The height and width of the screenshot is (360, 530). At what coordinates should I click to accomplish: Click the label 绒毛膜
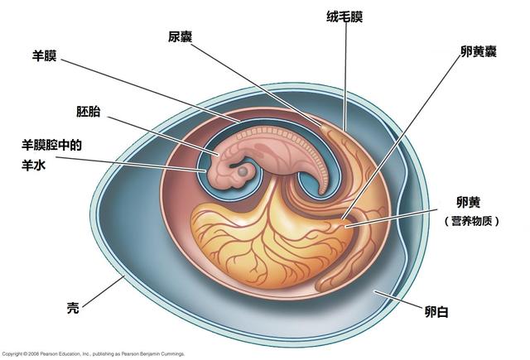click(x=344, y=17)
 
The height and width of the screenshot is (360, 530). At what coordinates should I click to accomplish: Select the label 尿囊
click(x=181, y=36)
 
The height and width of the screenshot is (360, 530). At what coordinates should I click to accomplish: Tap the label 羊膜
click(x=44, y=55)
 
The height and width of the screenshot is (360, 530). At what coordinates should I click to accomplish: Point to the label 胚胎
click(x=89, y=112)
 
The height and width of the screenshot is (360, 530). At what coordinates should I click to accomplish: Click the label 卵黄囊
click(x=479, y=51)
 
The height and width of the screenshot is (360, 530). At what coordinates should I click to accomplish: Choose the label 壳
click(x=73, y=308)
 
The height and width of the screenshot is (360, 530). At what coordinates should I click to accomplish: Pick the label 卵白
click(x=436, y=311)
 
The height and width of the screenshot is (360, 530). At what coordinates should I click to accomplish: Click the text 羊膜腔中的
click(x=51, y=145)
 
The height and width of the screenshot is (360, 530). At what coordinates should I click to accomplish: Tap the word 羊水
click(x=33, y=166)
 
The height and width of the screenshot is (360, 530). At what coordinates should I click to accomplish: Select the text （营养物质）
click(x=472, y=222)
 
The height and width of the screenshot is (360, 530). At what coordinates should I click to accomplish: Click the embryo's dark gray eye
click(x=243, y=171)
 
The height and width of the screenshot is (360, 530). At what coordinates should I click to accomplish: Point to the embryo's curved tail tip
click(x=322, y=193)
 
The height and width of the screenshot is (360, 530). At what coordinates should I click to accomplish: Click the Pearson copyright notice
click(x=93, y=354)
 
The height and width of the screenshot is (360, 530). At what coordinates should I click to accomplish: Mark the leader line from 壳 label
click(x=103, y=292)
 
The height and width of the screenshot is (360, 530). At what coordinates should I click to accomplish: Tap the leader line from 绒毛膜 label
click(x=345, y=77)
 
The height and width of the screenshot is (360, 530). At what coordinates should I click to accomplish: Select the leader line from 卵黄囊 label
click(x=402, y=137)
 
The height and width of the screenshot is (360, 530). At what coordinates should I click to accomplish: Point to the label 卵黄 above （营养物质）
click(x=468, y=202)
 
